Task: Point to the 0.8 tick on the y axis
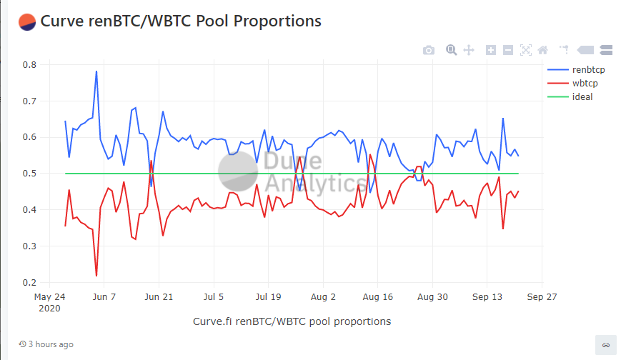click(29, 64)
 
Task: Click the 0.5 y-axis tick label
click(29, 174)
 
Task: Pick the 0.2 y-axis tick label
click(29, 283)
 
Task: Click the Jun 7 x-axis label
click(104, 296)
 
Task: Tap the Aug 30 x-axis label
click(432, 296)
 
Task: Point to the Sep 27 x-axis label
click(542, 296)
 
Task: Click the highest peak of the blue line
click(96, 71)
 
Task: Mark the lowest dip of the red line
click(96, 276)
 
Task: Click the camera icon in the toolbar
click(428, 50)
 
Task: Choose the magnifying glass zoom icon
click(452, 50)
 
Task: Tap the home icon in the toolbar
click(542, 50)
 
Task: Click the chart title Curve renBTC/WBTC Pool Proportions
click(181, 21)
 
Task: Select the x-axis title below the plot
click(292, 321)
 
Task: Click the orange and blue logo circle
click(27, 21)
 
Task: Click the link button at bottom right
click(605, 344)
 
